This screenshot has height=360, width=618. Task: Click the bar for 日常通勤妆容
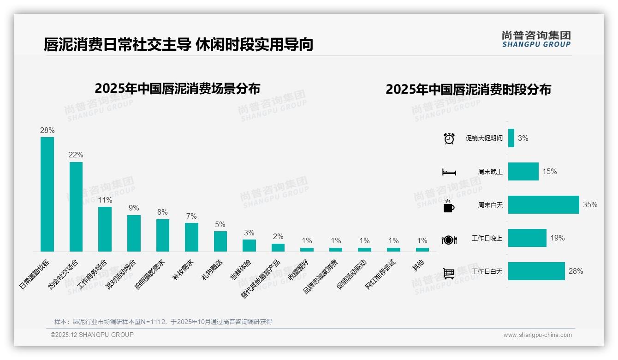[47, 194]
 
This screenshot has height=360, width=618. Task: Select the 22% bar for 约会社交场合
[76, 206]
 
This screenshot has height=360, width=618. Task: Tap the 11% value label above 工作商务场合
[105, 200]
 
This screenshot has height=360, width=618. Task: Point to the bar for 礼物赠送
[220, 241]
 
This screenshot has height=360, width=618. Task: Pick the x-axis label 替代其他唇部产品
[261, 278]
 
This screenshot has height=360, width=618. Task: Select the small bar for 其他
[422, 250]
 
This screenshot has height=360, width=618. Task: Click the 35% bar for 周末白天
[543, 204]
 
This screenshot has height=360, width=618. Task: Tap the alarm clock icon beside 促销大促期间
[449, 138]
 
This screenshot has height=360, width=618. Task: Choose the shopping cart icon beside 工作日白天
[449, 273]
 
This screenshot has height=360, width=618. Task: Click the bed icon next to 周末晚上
[449, 172]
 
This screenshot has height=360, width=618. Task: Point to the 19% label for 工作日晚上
[557, 238]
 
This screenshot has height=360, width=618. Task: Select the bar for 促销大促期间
[511, 138]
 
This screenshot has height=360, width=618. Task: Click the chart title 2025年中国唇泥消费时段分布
[468, 90]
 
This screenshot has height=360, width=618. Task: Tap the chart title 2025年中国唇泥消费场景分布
[178, 89]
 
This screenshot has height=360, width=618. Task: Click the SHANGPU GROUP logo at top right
[536, 39]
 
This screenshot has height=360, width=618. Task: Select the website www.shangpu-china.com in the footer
[537, 335]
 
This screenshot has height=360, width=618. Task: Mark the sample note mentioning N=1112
[163, 322]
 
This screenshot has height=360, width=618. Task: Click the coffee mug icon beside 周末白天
[448, 206]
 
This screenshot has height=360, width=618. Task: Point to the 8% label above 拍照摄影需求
[162, 212]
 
